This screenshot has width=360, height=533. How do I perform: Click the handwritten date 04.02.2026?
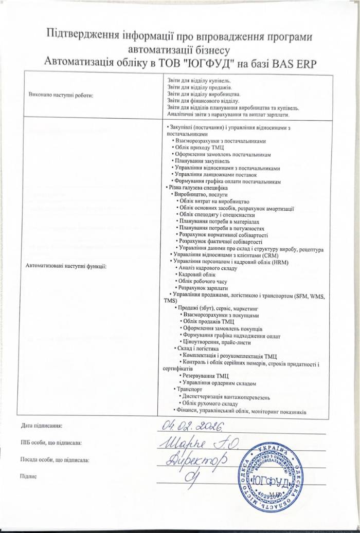(x=190, y=426)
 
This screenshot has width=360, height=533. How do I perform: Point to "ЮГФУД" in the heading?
(x=212, y=63)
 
